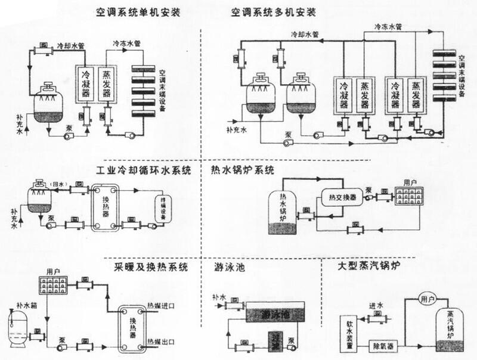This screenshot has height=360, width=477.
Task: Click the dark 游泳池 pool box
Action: click(x=274, y=314)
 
